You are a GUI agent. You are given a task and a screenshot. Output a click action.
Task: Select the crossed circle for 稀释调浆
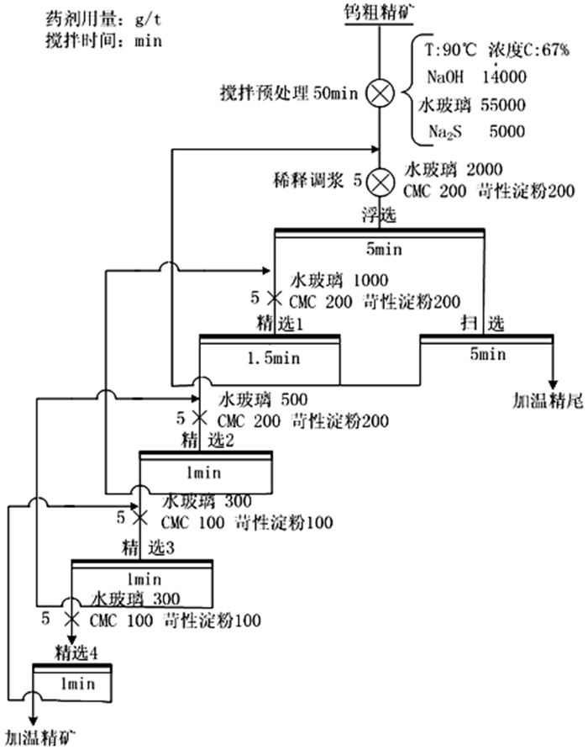click(381, 180)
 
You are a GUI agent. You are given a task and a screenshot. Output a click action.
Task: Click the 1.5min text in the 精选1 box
click(270, 357)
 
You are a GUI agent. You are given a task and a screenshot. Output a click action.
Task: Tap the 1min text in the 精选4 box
click(74, 684)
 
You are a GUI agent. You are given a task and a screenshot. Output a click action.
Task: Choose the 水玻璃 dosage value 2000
click(478, 168)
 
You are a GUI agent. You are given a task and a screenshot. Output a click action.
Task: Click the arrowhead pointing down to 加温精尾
click(553, 379)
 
